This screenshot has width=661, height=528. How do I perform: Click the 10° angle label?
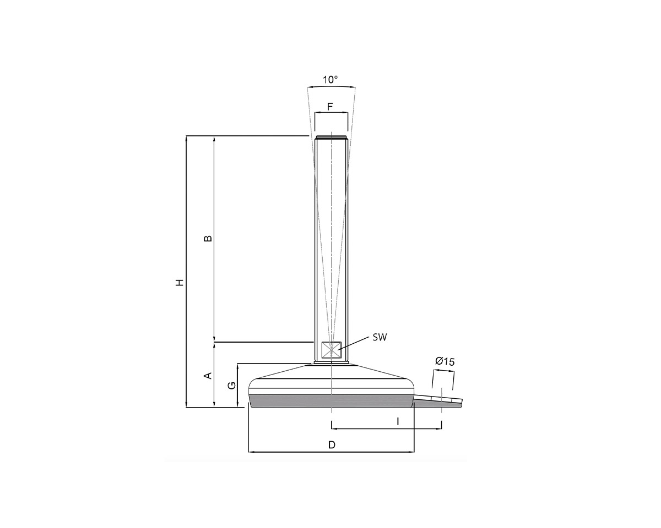coord(330,80)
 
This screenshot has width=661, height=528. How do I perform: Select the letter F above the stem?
coord(330,106)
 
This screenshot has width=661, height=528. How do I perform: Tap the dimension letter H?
coord(179,282)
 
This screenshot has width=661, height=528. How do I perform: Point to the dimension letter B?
coord(208,239)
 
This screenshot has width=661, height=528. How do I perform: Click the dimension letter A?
coord(208,376)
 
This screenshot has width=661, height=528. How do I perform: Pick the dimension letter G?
coord(232,386)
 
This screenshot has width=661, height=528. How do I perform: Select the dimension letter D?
coord(332,444)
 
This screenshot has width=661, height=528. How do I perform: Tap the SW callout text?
coord(380,337)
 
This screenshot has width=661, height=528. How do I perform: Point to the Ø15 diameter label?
coord(445,361)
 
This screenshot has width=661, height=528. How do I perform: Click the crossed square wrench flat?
coord(331,350)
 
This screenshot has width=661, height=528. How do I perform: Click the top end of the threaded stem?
coord(330,137)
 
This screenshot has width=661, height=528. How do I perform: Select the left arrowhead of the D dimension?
coord(252,452)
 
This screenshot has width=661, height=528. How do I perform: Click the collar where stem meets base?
coord(331,362)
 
